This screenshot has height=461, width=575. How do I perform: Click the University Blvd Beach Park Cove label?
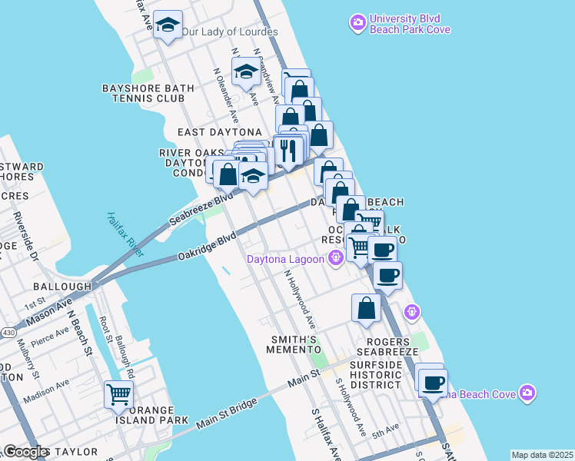click(410, 24)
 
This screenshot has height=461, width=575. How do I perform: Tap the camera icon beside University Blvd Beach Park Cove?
click(357, 23)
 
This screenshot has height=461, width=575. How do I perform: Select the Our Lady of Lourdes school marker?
click(168, 25)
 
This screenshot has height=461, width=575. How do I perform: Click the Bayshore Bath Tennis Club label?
click(143, 93)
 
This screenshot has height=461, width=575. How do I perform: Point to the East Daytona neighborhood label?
click(219, 132)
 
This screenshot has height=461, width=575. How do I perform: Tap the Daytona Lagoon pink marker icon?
click(334, 259)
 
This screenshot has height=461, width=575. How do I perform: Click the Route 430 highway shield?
click(7, 332)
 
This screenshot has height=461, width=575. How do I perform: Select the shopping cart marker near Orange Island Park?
click(119, 395)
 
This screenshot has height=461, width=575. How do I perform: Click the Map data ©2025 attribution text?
click(541, 455)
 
